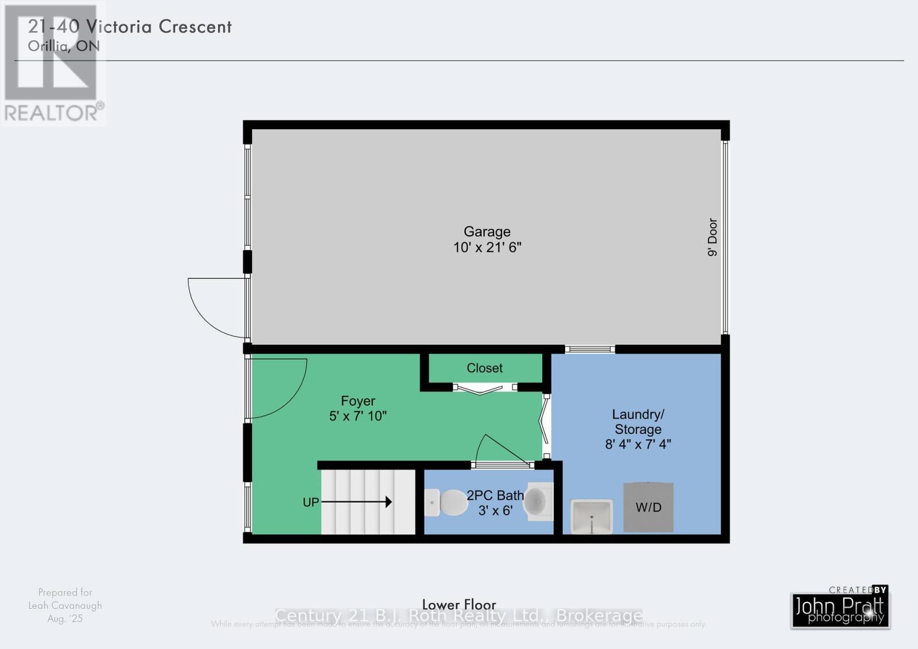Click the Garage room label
[x=487, y=232]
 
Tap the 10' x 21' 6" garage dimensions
[x=487, y=247]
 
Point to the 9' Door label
[x=712, y=237]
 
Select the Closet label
[x=484, y=368]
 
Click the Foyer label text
[x=357, y=401]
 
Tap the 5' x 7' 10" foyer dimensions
[x=357, y=416]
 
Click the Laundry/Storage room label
[x=637, y=422]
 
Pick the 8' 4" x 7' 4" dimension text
[x=637, y=444]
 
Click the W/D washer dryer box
[x=648, y=507]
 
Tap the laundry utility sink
[x=592, y=516]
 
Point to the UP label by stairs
[x=310, y=503]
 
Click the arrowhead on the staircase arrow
[x=388, y=502]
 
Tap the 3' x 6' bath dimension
[x=495, y=510]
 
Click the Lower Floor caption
[x=458, y=604]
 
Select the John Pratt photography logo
[x=840, y=609]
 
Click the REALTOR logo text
[x=53, y=112]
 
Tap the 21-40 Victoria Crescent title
[x=130, y=27]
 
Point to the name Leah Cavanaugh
[x=65, y=605]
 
